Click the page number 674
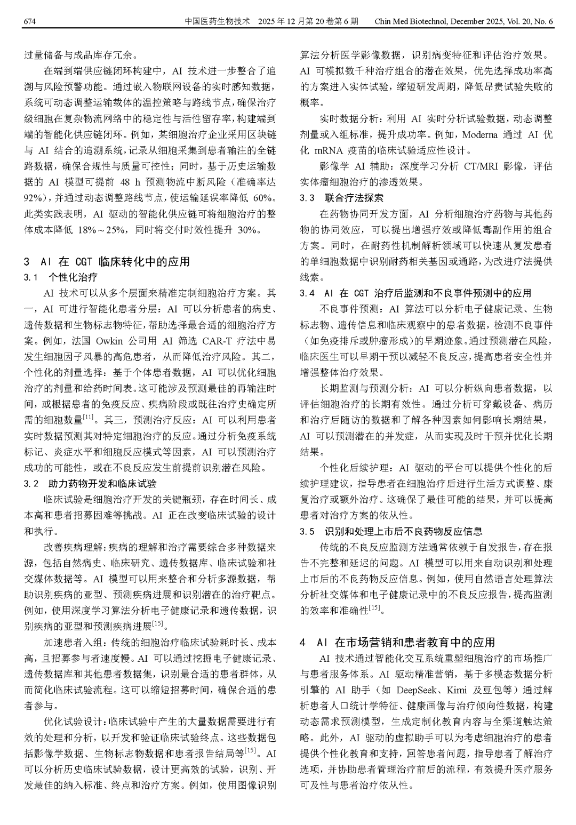pyautogui.click(x=30, y=21)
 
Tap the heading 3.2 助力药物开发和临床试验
pyautogui.click(x=91, y=484)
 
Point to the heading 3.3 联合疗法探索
pyautogui.click(x=341, y=198)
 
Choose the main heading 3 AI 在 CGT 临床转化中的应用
pyautogui.click(x=106, y=261)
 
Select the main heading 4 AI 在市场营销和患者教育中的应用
pyautogui.click(x=397, y=642)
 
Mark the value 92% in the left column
pyautogui.click(x=34, y=198)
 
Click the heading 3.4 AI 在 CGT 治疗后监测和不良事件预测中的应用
pyautogui.click(x=415, y=293)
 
